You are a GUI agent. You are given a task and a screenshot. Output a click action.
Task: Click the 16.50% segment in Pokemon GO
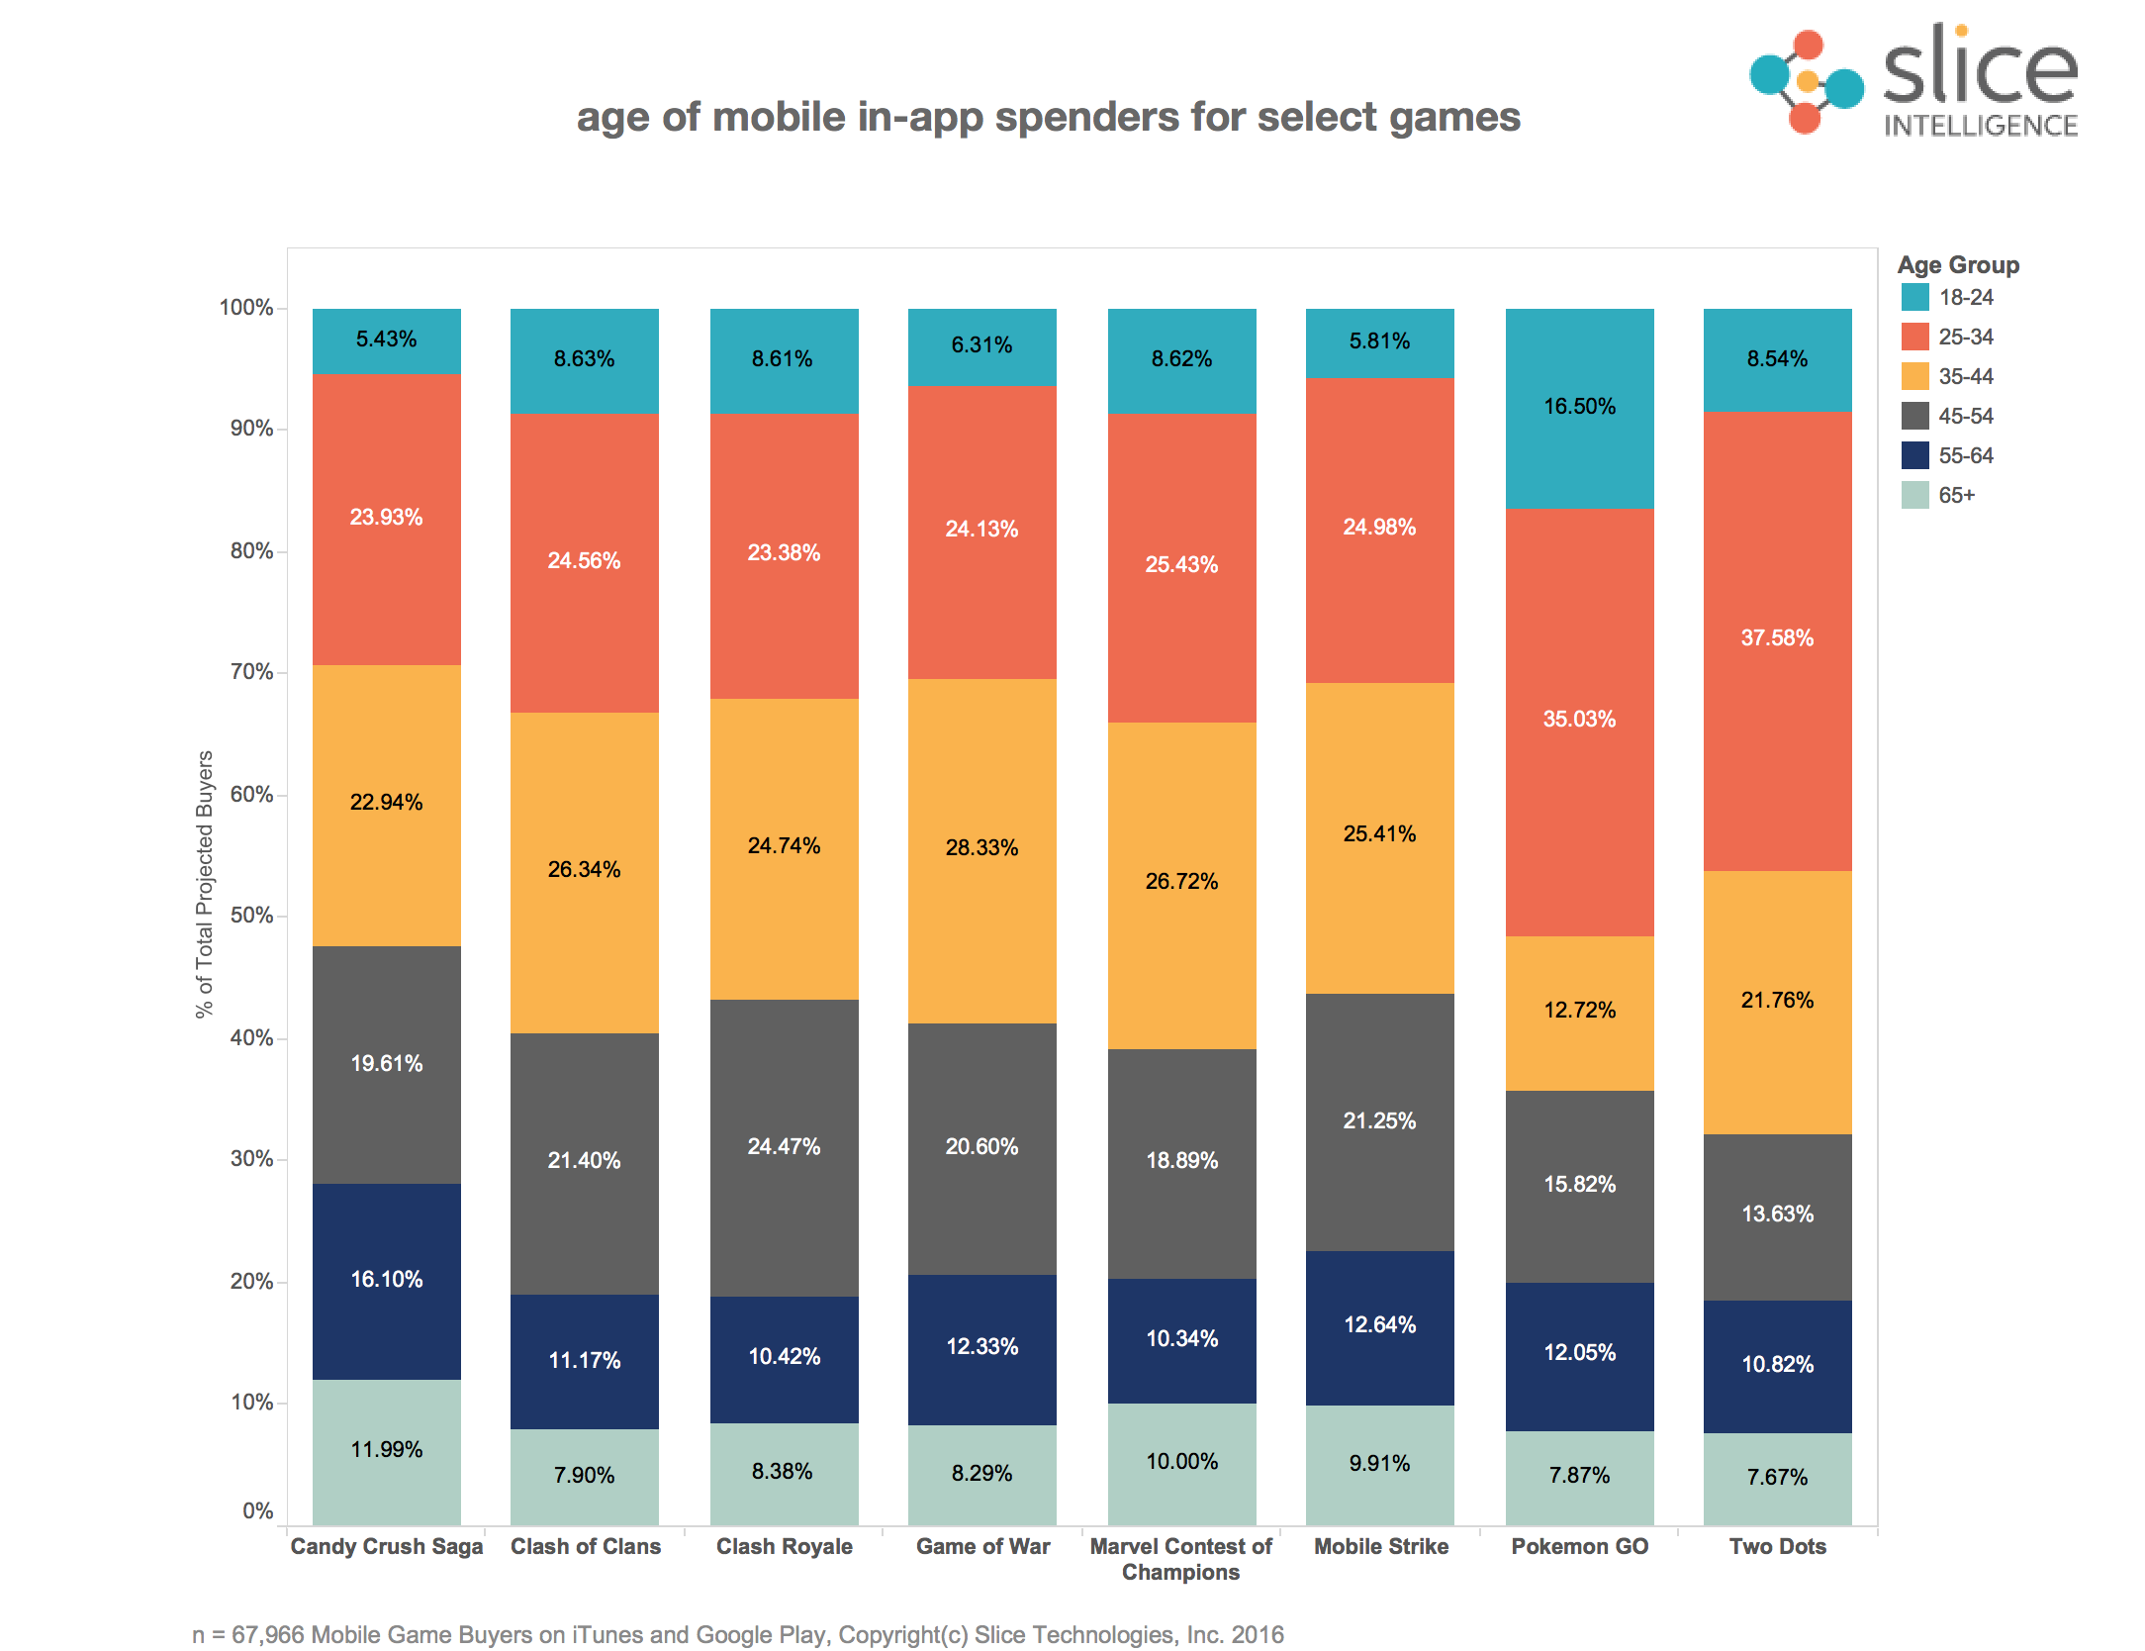(1579, 408)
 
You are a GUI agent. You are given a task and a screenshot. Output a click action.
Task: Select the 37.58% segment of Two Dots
(1777, 639)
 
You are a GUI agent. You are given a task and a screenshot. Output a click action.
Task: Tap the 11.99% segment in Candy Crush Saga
(386, 1451)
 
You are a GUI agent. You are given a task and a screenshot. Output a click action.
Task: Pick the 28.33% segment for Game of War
(981, 849)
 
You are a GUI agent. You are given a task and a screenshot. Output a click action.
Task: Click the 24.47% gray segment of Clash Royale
(784, 1147)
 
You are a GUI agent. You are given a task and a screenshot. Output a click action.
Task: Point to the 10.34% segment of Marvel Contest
(1181, 1340)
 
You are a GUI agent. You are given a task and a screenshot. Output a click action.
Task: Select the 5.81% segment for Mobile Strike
(1379, 342)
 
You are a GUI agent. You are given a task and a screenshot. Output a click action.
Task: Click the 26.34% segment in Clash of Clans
(584, 871)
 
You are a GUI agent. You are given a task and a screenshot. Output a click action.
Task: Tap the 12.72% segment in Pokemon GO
(1579, 1012)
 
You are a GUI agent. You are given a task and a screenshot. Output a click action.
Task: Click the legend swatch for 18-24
(1914, 297)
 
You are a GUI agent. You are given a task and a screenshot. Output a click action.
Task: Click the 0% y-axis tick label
(257, 1510)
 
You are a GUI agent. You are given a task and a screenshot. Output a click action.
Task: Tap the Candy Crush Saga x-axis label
(386, 1546)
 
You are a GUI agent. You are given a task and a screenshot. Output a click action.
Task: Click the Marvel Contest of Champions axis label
(1180, 1559)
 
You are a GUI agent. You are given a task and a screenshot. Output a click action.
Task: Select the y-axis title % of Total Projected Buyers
(204, 883)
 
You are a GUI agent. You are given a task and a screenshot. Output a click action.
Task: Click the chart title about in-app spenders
(1048, 118)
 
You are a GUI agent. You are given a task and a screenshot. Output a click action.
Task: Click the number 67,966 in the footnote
(267, 1634)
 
